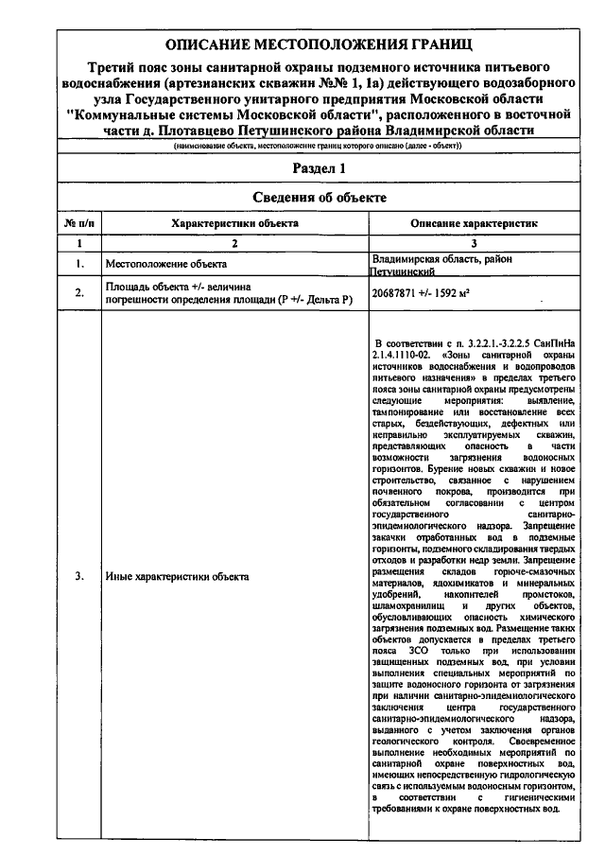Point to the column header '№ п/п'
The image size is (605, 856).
point(78,223)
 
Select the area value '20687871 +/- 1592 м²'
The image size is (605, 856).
point(422,292)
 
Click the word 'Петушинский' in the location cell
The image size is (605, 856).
point(403,271)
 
